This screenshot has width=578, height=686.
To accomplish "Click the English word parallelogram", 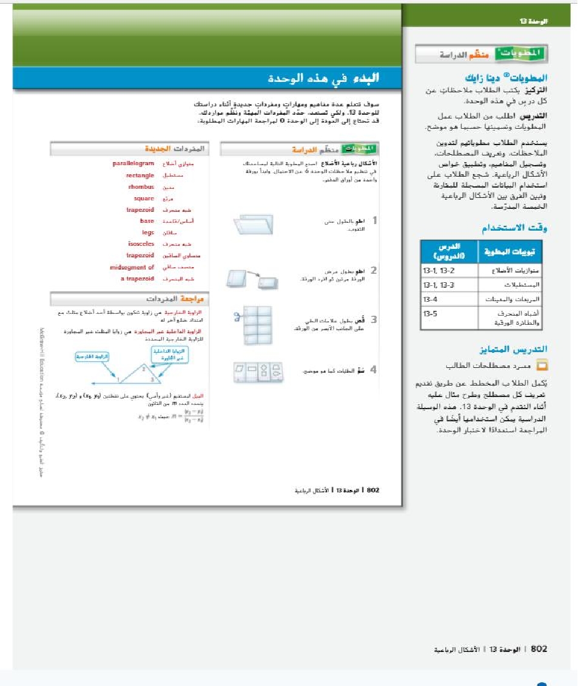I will [x=133, y=164].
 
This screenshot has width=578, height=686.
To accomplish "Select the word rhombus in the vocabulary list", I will [x=142, y=187].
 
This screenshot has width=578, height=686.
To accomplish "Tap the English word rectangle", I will [x=140, y=175].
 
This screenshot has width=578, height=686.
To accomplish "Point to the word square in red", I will [x=144, y=199].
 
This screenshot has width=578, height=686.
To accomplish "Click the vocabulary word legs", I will [x=147, y=232].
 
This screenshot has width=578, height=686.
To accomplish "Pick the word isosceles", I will [x=141, y=243].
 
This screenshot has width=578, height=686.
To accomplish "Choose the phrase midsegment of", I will [x=132, y=267].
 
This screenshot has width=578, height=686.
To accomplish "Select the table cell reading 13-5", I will [x=430, y=313].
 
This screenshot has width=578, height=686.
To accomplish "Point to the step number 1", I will [x=374, y=221].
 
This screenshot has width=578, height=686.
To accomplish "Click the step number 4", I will [x=374, y=369].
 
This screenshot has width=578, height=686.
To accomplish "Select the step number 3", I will [x=374, y=319].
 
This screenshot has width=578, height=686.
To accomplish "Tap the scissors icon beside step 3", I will [x=237, y=316].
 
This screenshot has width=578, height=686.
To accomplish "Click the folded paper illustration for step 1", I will [x=254, y=225].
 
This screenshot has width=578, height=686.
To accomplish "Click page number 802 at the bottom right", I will [x=539, y=650].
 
